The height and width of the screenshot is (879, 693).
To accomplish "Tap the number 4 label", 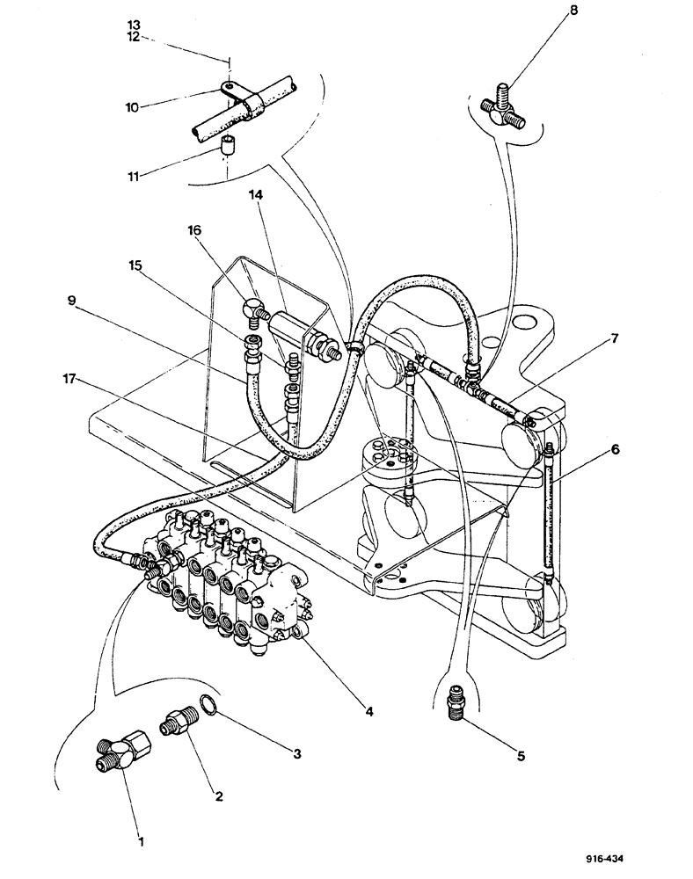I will pos(370,710).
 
